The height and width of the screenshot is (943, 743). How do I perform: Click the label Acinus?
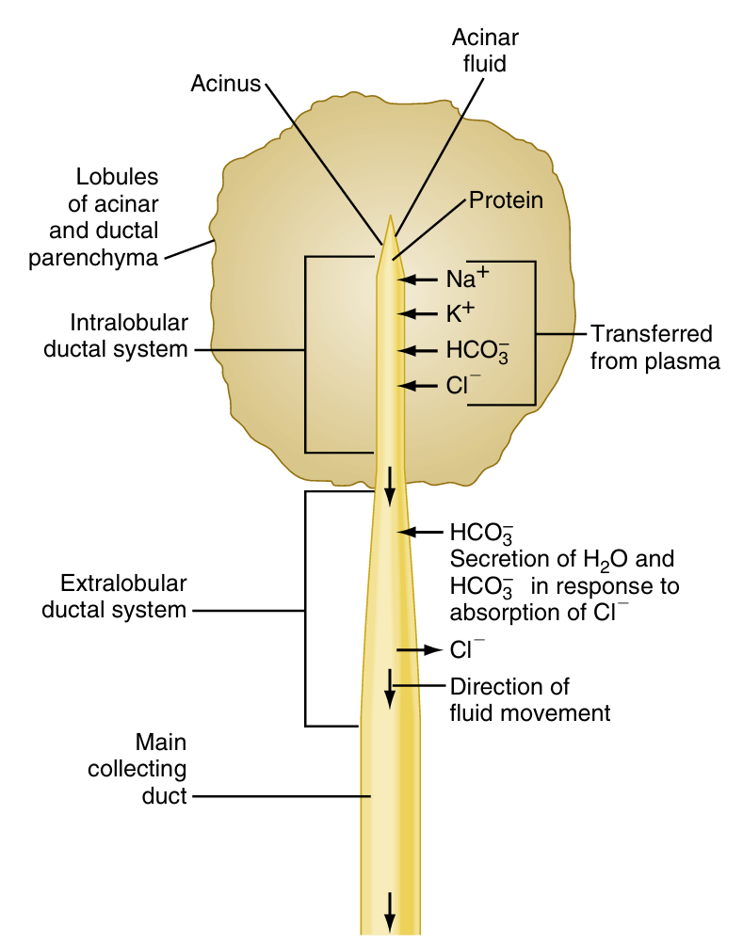(225, 84)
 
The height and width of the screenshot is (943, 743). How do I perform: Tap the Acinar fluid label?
(485, 50)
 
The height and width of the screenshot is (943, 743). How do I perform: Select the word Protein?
(506, 200)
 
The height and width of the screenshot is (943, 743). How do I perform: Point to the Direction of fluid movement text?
(529, 699)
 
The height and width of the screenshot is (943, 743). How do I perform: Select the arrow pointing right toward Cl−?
(418, 649)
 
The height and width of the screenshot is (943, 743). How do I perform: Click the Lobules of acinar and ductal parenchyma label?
(117, 216)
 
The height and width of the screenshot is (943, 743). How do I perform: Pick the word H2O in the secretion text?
(590, 558)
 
